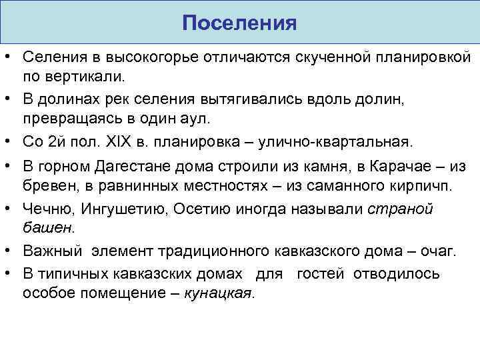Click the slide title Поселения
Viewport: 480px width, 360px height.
239,23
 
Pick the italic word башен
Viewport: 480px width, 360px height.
49,227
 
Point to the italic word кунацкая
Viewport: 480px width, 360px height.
219,293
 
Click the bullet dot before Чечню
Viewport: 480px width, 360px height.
9,209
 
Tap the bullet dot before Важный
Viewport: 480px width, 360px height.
9,251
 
